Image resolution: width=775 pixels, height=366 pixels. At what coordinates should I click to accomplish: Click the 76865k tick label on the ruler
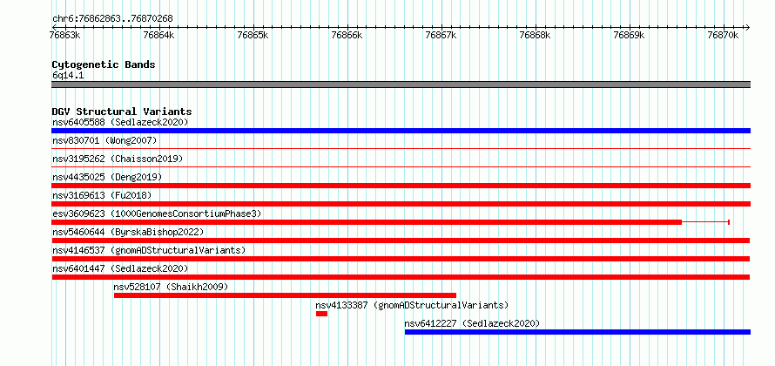point(253,36)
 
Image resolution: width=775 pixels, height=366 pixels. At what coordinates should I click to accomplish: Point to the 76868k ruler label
point(536,36)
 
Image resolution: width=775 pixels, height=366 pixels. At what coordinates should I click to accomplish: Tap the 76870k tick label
point(723,36)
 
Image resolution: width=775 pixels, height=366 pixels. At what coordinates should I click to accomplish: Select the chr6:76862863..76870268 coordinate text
point(112,19)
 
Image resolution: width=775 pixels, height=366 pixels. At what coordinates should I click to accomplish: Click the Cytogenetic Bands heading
point(104,64)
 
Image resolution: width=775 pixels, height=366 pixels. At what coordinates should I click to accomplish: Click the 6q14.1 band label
point(68,75)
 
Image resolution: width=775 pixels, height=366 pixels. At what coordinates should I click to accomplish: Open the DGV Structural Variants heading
point(122,112)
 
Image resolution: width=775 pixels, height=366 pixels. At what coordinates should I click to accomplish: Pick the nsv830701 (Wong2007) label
point(104,141)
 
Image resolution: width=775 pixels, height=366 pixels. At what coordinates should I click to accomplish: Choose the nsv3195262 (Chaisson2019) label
point(118,159)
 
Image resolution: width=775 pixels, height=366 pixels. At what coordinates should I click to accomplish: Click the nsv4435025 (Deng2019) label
point(107,177)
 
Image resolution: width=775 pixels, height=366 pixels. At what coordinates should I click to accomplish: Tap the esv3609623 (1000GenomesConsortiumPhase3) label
point(157,213)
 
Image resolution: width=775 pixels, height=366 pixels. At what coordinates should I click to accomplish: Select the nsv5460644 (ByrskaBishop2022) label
point(128,232)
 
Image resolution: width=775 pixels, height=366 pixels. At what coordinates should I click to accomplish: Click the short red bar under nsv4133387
point(322,314)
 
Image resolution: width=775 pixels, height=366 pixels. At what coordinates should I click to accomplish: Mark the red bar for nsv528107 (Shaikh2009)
point(286,295)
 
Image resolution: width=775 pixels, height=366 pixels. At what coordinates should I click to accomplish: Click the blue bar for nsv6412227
point(577,332)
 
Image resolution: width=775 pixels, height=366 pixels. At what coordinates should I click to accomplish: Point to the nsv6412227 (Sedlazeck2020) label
point(472,323)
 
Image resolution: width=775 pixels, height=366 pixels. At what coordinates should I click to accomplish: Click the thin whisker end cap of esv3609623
point(729,222)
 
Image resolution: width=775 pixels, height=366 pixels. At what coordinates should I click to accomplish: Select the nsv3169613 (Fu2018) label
point(102,195)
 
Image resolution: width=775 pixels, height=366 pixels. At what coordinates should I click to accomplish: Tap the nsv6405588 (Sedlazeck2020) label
point(120,122)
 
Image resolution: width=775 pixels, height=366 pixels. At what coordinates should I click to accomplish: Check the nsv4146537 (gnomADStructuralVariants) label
point(149,250)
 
